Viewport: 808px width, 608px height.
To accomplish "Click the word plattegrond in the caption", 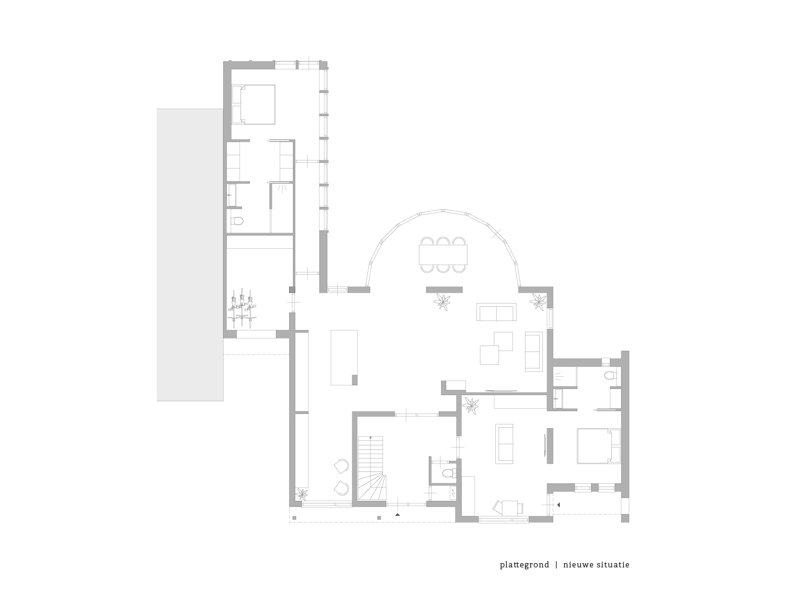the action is pos(525,565).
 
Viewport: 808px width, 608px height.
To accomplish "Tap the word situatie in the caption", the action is pos(612,565).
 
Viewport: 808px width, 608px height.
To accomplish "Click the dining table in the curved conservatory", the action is pos(443,254).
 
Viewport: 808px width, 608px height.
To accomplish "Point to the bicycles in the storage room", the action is pos(242,307).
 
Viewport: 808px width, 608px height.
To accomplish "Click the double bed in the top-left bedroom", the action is pos(253,104).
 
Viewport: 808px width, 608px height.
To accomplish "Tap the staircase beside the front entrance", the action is pos(372,468).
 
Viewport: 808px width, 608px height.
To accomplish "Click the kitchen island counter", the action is pos(344,358).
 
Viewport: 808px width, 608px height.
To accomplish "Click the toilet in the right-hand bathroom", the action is pos(609,376).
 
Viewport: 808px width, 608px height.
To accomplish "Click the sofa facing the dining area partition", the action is pos(497,312).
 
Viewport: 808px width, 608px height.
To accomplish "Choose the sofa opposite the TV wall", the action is pos(504,444).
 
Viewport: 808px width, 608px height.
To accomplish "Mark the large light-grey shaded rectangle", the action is pos(190,255).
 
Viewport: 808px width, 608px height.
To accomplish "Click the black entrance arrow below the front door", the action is pos(398,515).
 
